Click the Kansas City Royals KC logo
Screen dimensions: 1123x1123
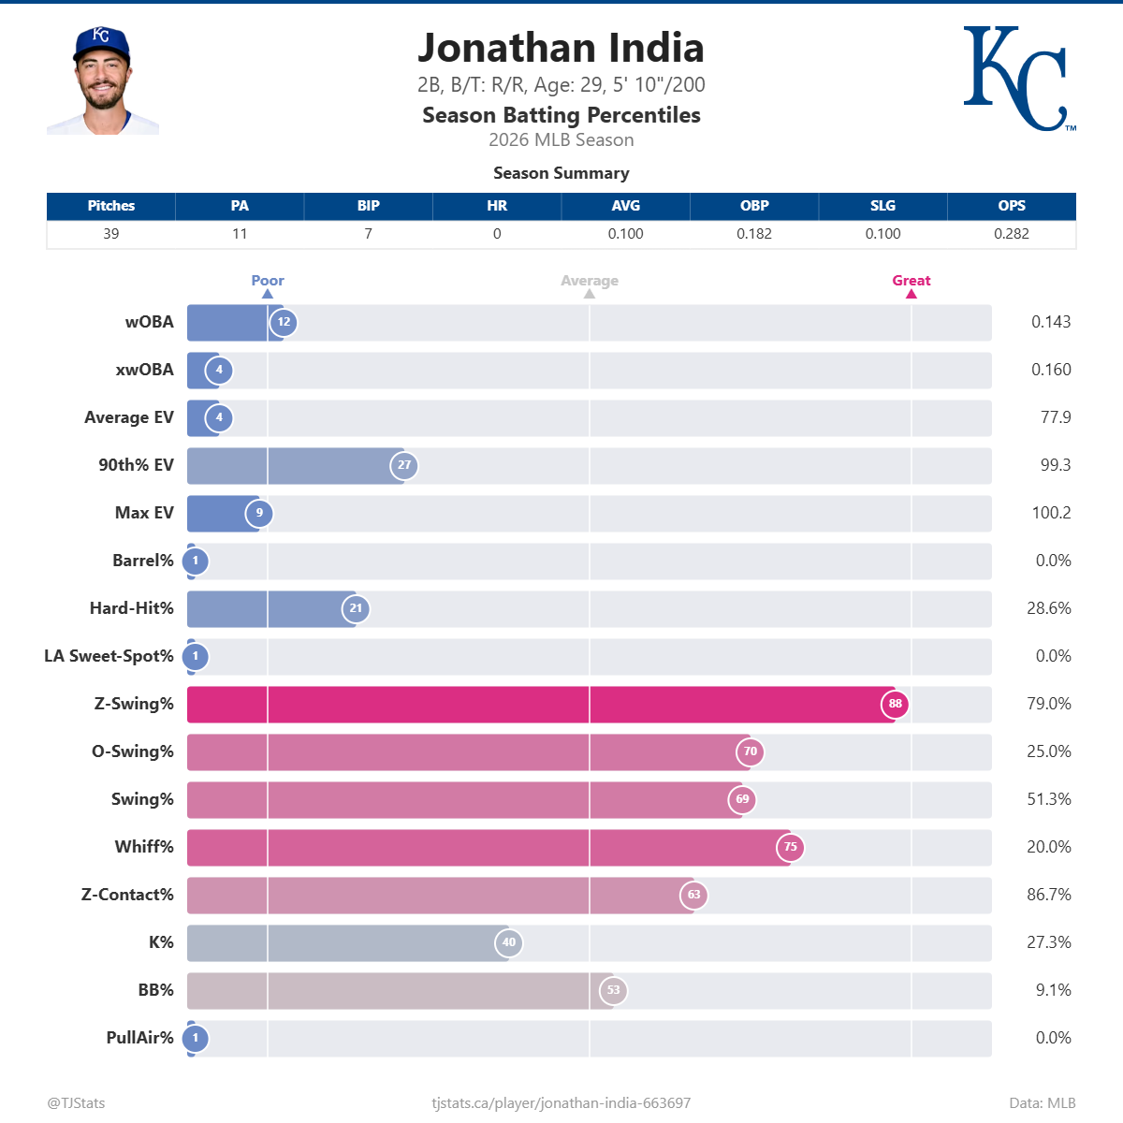1018,79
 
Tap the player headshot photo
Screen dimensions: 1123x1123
103,81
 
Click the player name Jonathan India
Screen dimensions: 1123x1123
561,48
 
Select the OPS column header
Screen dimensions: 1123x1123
1011,206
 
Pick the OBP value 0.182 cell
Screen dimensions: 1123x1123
753,234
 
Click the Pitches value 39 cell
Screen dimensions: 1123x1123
111,234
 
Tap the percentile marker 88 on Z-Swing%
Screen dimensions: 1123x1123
895,704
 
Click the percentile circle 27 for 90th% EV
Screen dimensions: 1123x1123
404,465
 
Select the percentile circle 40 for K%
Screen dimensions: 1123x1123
508,942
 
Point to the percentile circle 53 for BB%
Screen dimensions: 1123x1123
613,990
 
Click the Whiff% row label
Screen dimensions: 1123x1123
144,847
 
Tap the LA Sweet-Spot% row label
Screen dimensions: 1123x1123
109,656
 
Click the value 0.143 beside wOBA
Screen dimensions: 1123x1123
1051,322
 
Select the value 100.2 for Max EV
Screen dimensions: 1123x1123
1051,513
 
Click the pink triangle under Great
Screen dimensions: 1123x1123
911,294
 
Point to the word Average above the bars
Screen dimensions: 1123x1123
589,281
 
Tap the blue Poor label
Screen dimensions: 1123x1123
268,281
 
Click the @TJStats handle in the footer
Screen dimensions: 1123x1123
77,1103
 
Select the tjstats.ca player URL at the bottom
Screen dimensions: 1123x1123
561,1103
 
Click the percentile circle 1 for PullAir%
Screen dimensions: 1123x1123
196,1038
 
